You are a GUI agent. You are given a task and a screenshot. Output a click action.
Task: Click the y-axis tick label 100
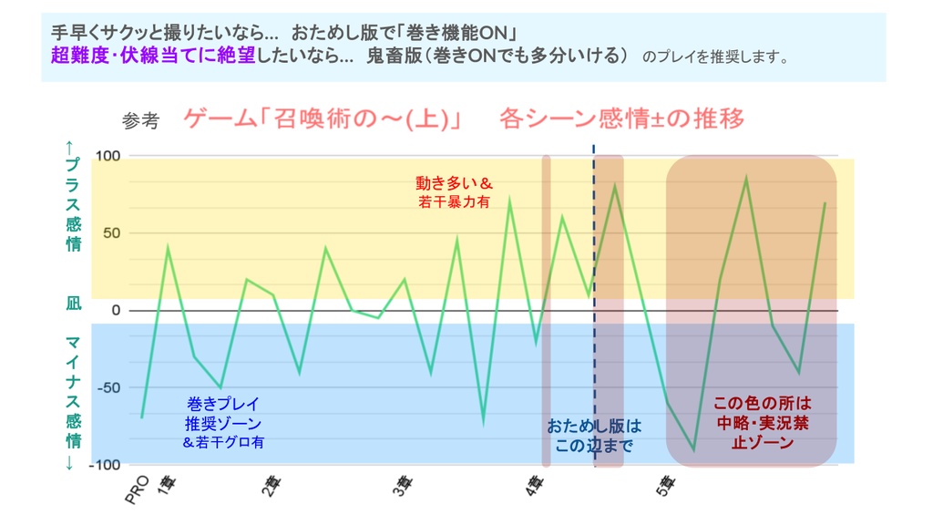point(108,156)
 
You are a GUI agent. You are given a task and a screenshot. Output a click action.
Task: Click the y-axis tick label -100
point(105,465)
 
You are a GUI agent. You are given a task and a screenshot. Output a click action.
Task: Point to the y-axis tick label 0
point(116,311)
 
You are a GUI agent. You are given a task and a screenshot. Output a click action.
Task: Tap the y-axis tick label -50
point(108,388)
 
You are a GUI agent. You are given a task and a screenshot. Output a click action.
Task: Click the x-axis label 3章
point(402,488)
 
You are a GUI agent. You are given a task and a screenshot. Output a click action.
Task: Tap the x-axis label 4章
point(534,488)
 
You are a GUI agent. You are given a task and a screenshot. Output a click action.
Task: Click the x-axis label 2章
point(271,488)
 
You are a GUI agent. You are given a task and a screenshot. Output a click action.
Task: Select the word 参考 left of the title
point(140,121)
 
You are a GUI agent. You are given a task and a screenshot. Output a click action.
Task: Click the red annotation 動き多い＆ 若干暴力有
point(454,192)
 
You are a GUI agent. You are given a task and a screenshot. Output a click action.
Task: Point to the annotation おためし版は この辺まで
point(594,436)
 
